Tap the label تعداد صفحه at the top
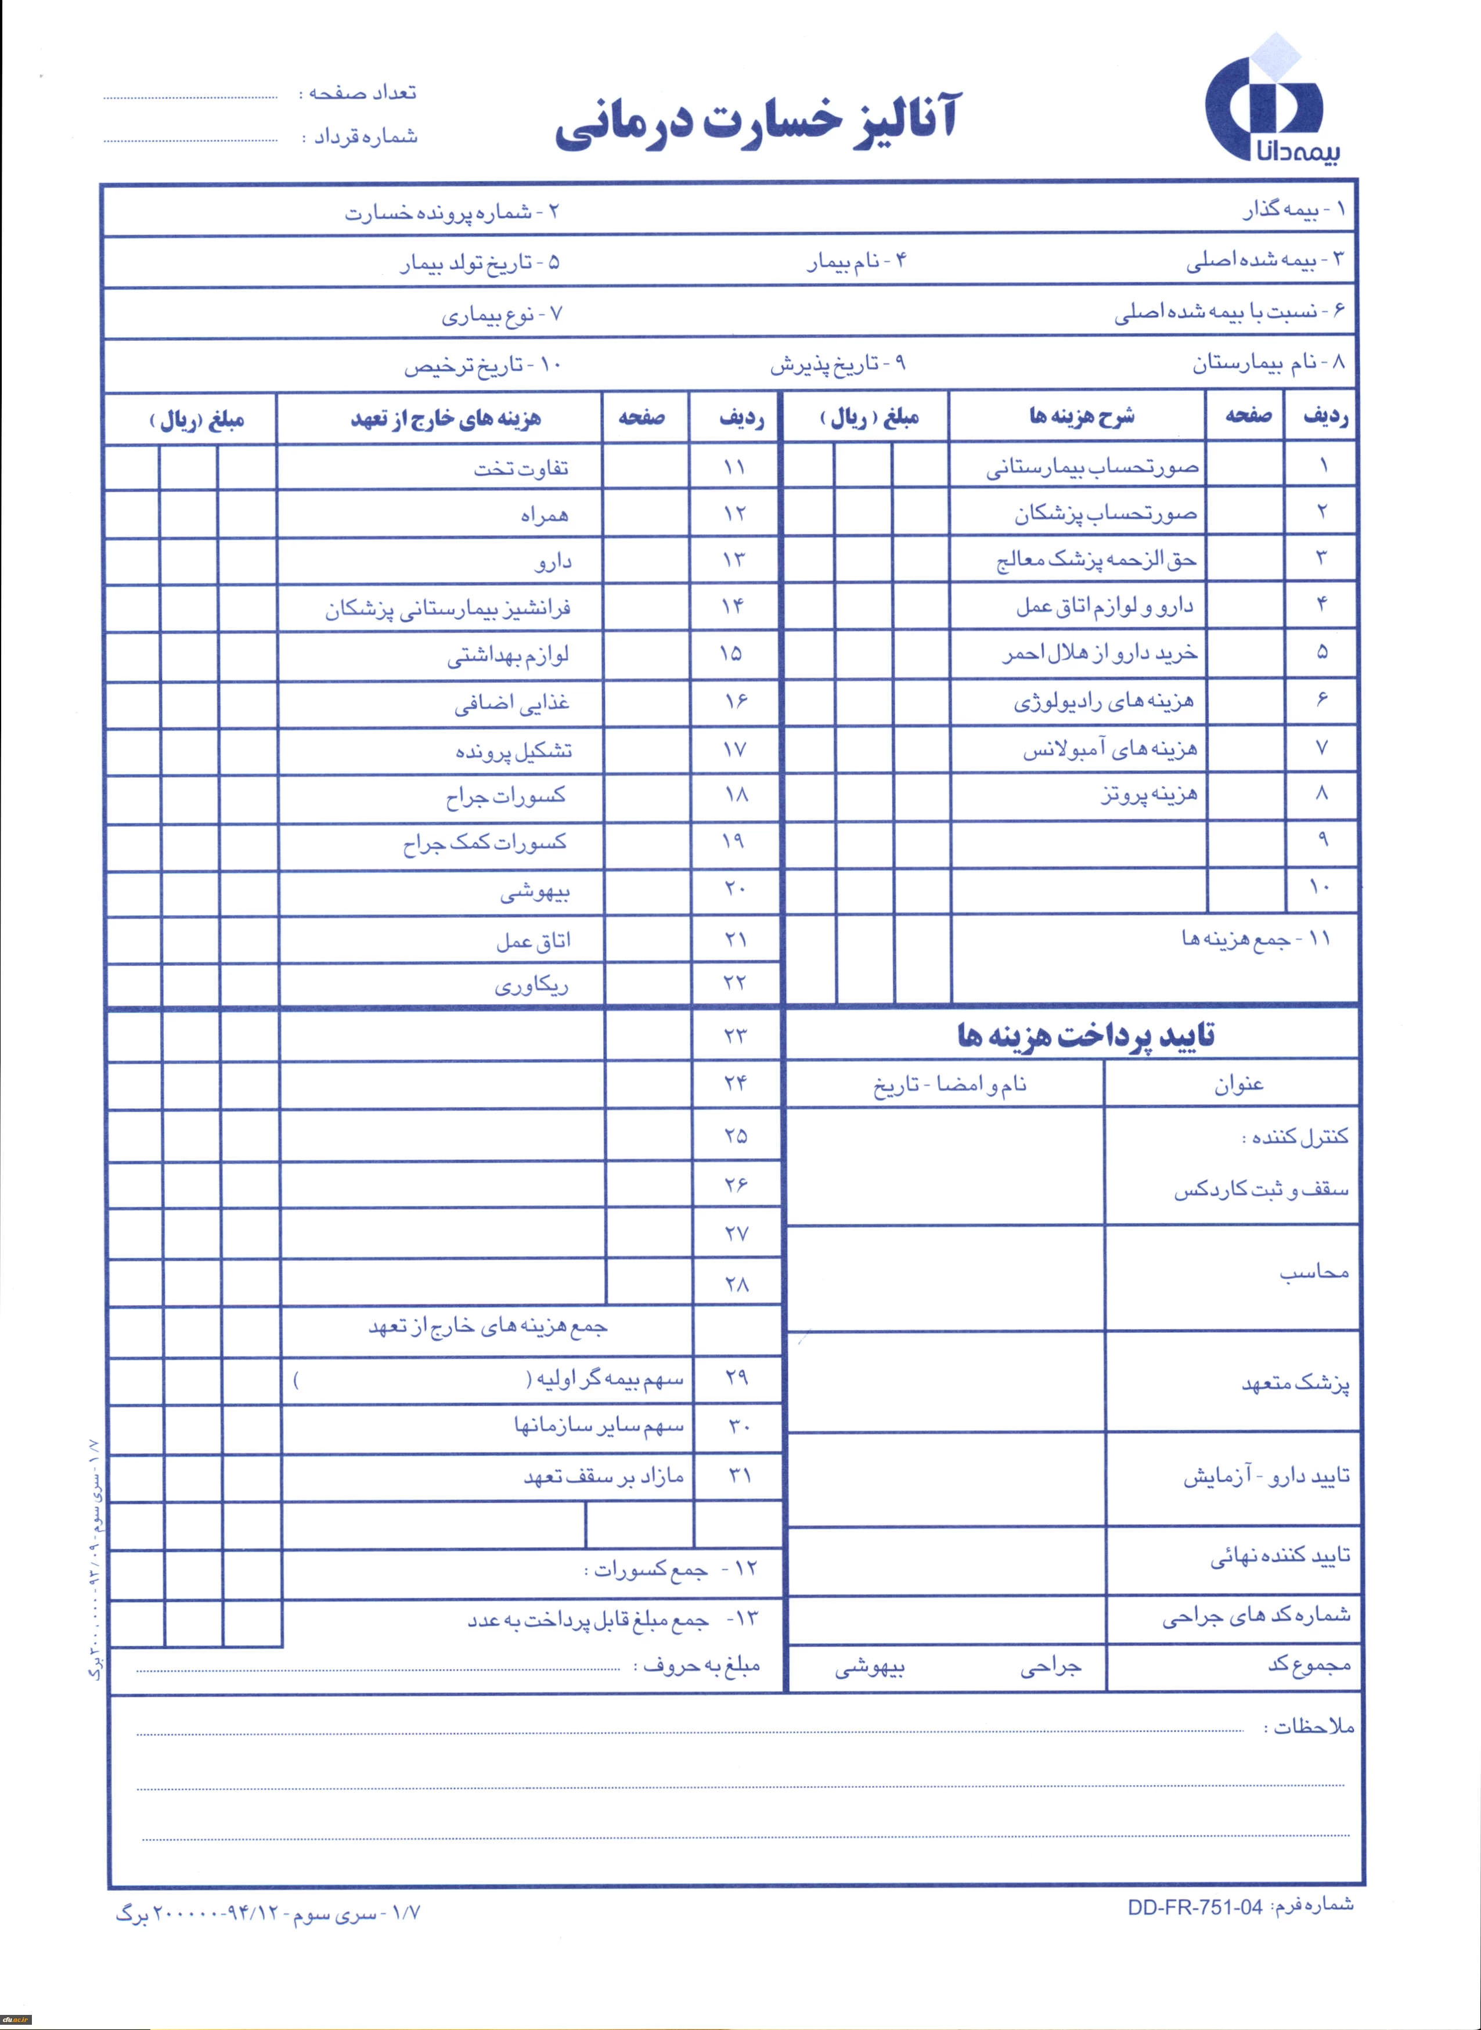point(362,92)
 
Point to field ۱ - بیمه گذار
point(1293,210)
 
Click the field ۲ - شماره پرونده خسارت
point(453,212)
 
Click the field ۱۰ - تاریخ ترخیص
point(481,366)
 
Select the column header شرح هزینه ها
point(1081,416)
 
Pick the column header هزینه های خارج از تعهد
point(445,419)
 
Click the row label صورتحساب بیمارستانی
point(1092,467)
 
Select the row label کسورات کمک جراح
point(484,842)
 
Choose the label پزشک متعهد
point(1295,1384)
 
